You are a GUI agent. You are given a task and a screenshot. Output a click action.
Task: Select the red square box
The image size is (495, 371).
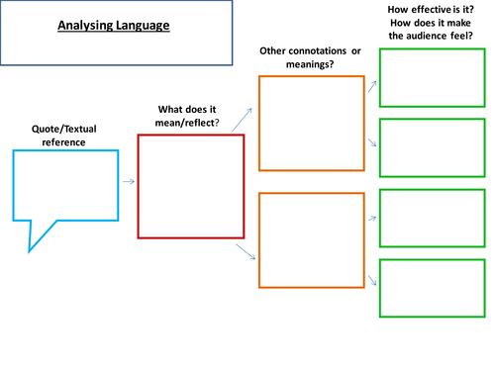tap(190, 186)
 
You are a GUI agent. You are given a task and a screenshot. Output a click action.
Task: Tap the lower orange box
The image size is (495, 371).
tap(311, 240)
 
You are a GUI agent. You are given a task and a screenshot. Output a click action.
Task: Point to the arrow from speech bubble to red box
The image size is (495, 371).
tap(129, 182)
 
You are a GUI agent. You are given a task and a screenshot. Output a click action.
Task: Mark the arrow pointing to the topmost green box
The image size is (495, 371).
tap(370, 87)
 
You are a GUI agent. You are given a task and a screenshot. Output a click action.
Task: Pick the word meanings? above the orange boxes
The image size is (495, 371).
tap(311, 64)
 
